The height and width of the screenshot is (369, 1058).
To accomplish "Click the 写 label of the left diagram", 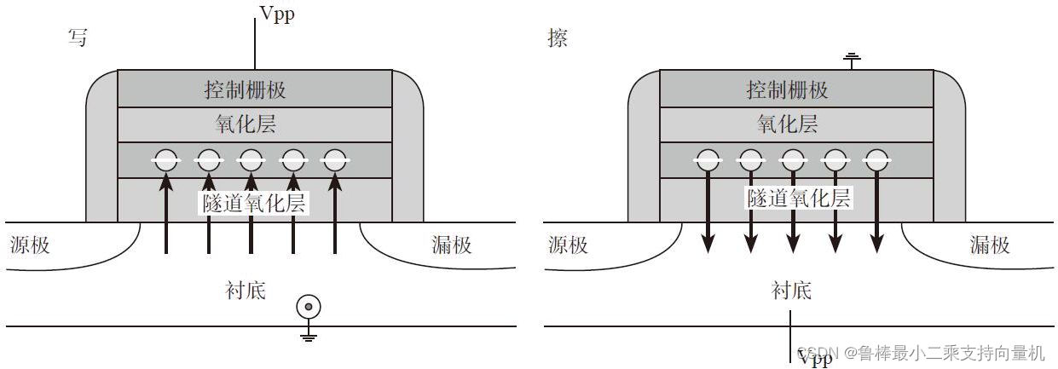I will point(78,38).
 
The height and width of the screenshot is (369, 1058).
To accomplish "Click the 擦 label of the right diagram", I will point(558,38).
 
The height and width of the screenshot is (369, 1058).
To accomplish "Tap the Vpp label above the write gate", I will point(277,14).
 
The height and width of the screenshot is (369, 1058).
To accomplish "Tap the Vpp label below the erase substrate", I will point(814,358).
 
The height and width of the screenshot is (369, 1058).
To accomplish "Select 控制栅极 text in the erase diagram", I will point(787,89).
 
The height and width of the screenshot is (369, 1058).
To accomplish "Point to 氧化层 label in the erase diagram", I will point(787,124).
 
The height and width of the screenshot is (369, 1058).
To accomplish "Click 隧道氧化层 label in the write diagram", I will point(253,203).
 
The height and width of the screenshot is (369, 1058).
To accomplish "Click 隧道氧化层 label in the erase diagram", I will point(798,199).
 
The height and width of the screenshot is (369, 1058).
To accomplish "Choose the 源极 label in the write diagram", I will point(30,246).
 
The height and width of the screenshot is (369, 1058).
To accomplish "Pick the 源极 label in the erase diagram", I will point(568,246).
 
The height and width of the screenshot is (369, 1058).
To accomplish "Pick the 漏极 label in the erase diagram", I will point(989,246).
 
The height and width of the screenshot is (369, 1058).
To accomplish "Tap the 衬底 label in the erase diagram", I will point(790,291).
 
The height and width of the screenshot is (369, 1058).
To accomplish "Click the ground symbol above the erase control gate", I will point(850,59).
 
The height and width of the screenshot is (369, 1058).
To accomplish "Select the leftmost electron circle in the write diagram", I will point(166,159).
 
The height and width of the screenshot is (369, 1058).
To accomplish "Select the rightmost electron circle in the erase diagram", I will point(877,159).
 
